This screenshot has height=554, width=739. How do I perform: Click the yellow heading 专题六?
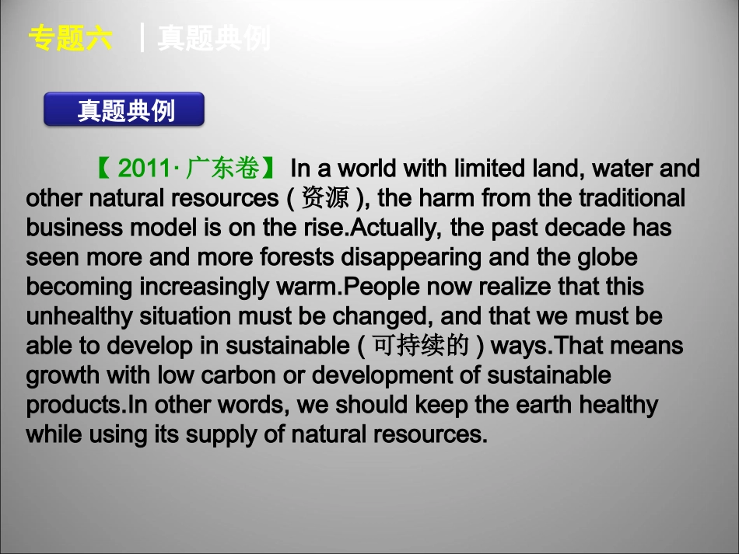70,38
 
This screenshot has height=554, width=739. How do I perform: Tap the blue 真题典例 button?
124,110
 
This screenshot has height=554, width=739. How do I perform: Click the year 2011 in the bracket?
142,169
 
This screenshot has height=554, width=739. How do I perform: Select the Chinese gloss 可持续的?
421,346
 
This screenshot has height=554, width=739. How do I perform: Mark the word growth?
64,375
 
